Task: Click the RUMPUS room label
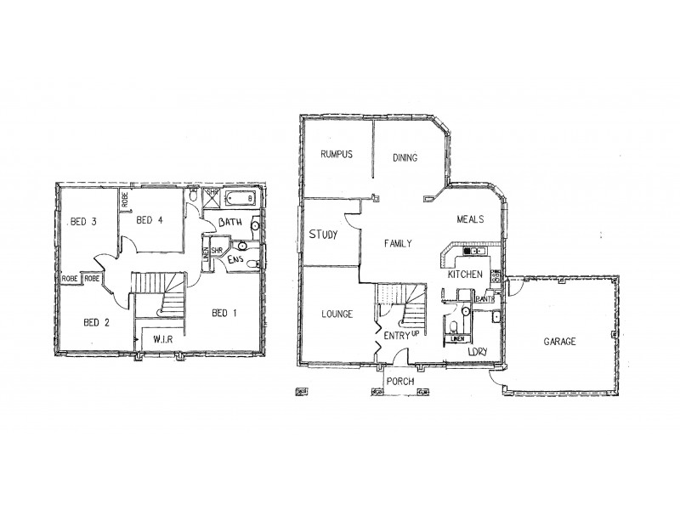coord(336,154)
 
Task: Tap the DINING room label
coord(405,157)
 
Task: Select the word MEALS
coord(470,218)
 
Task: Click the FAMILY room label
coord(398,243)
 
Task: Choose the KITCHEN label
coord(467,275)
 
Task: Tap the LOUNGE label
coord(337,314)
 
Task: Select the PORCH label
coord(399,381)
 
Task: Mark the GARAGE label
coord(559,341)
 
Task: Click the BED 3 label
coord(83,221)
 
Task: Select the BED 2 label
coord(95,321)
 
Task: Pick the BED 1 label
coord(224,313)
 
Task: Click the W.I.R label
coord(164,340)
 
